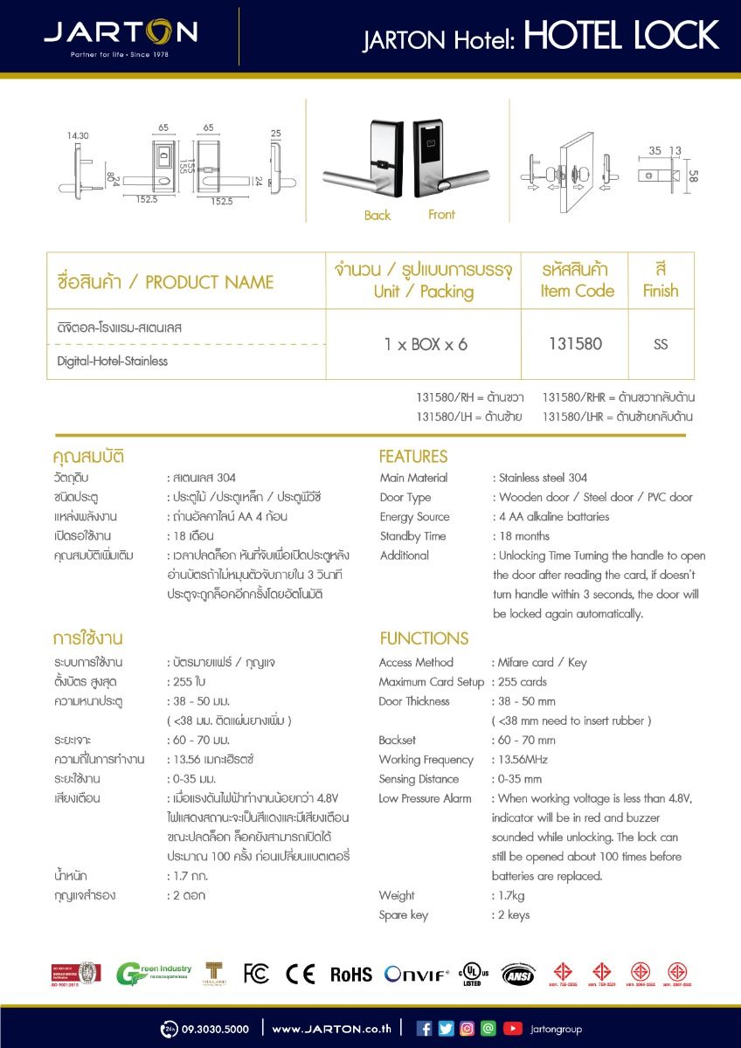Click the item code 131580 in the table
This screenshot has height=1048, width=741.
pos(575,344)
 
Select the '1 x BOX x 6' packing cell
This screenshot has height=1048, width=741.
pos(426,344)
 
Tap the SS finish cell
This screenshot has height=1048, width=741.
pos(661,344)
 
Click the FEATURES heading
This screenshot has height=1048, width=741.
pos(412,456)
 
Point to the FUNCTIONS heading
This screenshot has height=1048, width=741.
pos(424,638)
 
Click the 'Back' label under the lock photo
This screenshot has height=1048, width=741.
pos(377,216)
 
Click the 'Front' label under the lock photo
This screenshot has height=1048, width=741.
pos(441,214)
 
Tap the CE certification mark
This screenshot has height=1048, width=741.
pos(300,974)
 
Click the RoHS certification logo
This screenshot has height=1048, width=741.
pos(350,975)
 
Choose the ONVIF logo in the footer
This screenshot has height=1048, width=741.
pos(417,974)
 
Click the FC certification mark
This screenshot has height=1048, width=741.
pos(256,974)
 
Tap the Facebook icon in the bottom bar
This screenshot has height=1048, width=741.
pos(425,1029)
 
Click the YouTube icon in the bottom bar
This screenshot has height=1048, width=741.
pos(513,1029)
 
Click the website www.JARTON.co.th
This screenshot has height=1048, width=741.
pos(331,1030)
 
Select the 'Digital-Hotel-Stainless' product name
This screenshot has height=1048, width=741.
pos(113,361)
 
